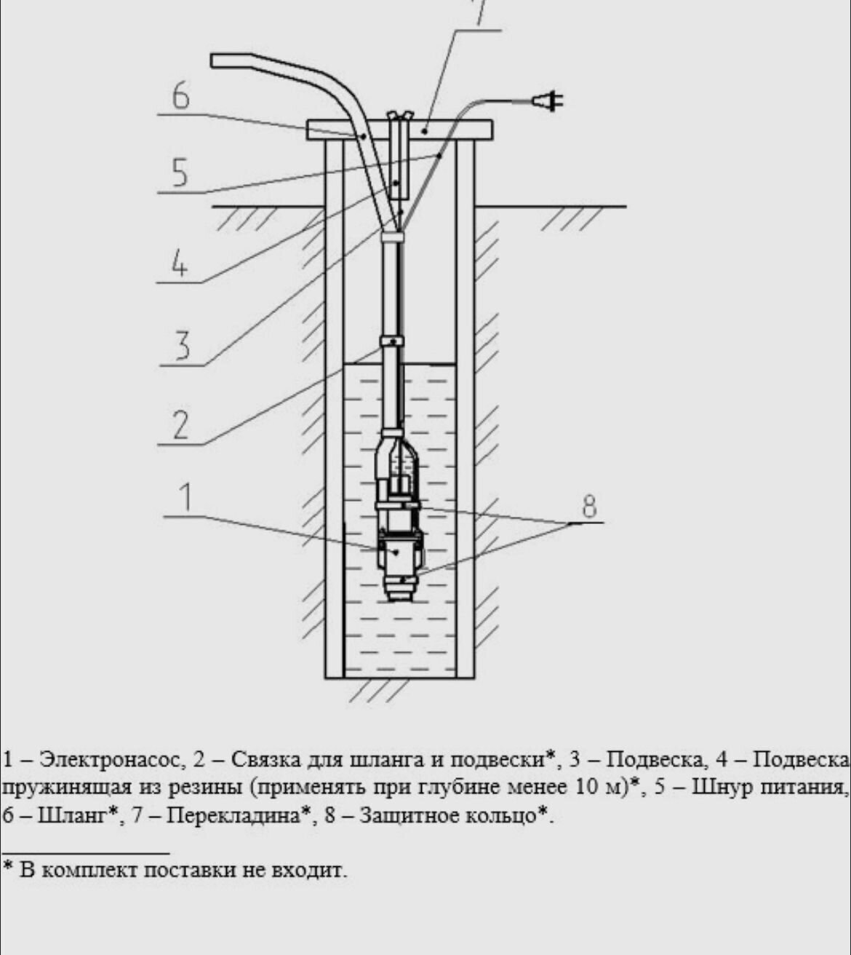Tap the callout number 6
pyautogui.click(x=180, y=96)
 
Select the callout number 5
pyautogui.click(x=180, y=173)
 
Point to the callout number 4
pyautogui.click(x=179, y=263)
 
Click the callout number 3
pyautogui.click(x=182, y=345)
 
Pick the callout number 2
pyautogui.click(x=181, y=425)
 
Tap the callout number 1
pyautogui.click(x=187, y=497)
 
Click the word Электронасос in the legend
pyautogui.click(x=110, y=760)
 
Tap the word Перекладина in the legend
pyautogui.click(x=233, y=816)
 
